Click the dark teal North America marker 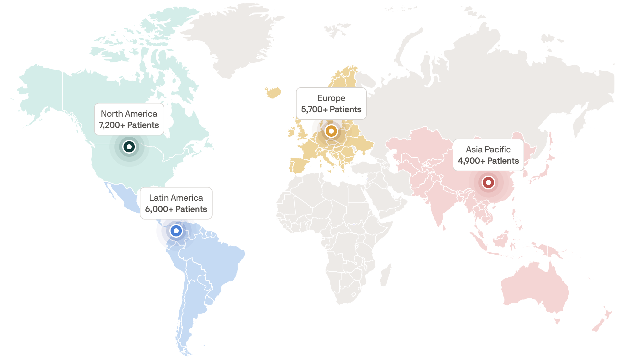click(129, 146)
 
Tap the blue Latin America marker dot click(176, 231)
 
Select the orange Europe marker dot click(331, 131)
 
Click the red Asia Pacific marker click(488, 182)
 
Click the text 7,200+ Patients click(129, 125)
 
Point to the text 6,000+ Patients click(176, 209)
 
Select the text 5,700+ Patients click(331, 109)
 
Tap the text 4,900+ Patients click(488, 161)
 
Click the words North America click(129, 114)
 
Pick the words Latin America click(176, 198)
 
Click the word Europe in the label click(331, 98)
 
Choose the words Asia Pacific click(488, 150)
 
